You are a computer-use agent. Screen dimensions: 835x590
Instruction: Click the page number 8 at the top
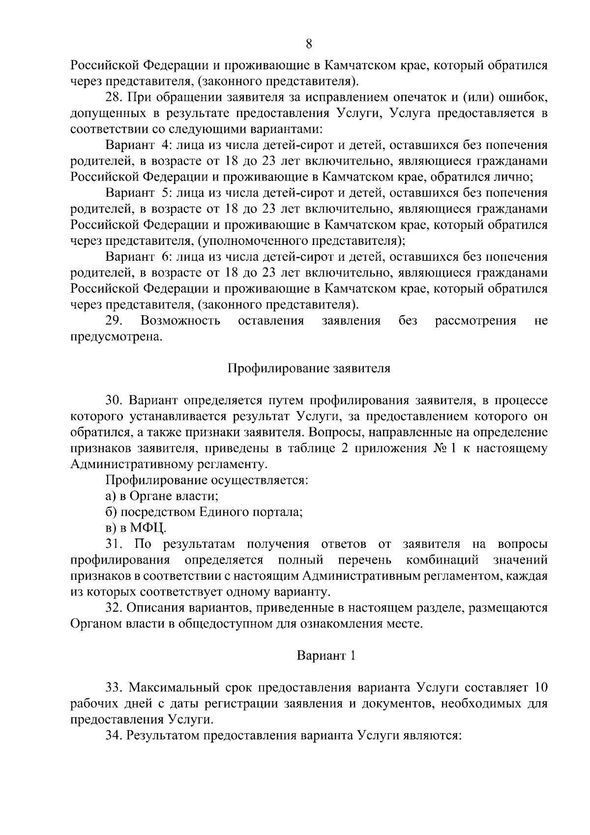coord(309,44)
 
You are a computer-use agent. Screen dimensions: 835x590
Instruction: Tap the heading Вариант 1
coord(325,656)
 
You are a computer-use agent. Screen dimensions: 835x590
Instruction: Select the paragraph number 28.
coord(114,97)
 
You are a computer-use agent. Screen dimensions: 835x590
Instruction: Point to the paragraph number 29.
coord(114,321)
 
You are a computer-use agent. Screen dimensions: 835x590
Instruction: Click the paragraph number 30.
coord(114,401)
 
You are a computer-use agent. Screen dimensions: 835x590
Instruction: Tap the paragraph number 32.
coord(114,608)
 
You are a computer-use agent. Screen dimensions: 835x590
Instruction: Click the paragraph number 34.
coord(114,736)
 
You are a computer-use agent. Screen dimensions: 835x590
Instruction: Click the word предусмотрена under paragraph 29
coord(116,337)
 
